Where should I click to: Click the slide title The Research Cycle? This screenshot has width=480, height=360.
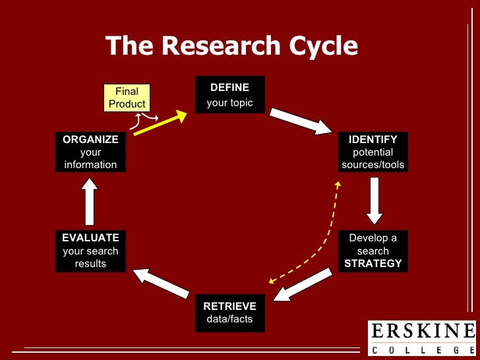click(231, 46)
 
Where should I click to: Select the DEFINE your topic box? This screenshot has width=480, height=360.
click(229, 94)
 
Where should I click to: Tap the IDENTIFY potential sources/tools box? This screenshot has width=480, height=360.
click(373, 152)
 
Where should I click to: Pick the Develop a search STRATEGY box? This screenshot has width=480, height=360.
click(373, 251)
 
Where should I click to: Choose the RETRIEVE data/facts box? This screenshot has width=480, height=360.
click(229, 313)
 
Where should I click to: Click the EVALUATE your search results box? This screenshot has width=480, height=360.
click(90, 251)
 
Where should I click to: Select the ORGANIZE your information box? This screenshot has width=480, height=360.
click(90, 152)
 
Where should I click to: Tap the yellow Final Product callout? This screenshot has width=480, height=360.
click(127, 98)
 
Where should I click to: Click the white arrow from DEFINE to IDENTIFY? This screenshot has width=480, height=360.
click(301, 121)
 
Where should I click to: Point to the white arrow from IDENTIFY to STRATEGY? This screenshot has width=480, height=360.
click(375, 200)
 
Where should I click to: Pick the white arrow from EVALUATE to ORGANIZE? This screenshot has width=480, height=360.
click(90, 203)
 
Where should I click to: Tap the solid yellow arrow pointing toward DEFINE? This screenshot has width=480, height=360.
click(160, 123)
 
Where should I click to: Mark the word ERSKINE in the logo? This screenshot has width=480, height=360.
click(422, 331)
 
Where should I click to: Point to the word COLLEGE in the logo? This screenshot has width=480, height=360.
click(422, 349)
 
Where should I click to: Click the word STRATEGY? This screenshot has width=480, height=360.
click(373, 263)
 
